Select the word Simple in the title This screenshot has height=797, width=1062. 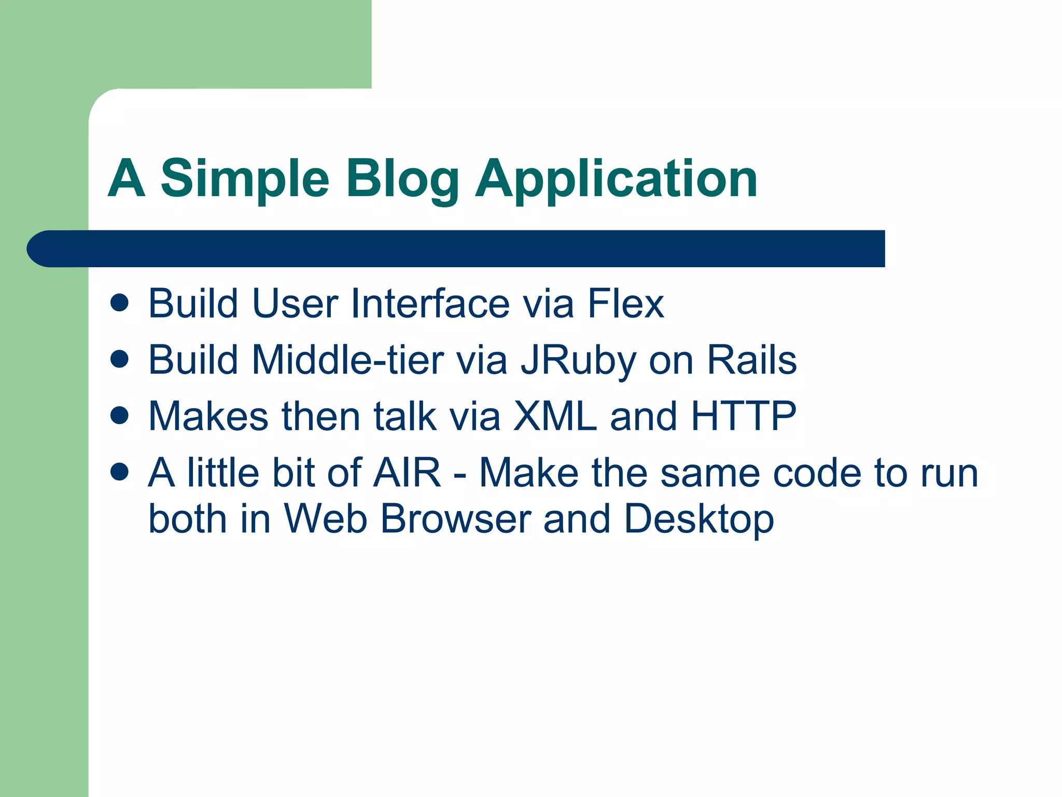(245, 179)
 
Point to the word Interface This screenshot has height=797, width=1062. (430, 303)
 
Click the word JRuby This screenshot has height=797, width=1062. (578, 360)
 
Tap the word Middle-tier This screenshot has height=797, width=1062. (348, 360)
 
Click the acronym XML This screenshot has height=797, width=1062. (555, 416)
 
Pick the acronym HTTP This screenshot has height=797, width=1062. (744, 416)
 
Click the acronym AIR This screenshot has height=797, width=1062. (408, 473)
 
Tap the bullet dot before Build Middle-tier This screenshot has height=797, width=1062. (120, 359)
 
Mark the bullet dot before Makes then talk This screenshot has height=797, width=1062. (120, 416)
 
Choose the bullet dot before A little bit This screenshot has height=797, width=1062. (120, 472)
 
